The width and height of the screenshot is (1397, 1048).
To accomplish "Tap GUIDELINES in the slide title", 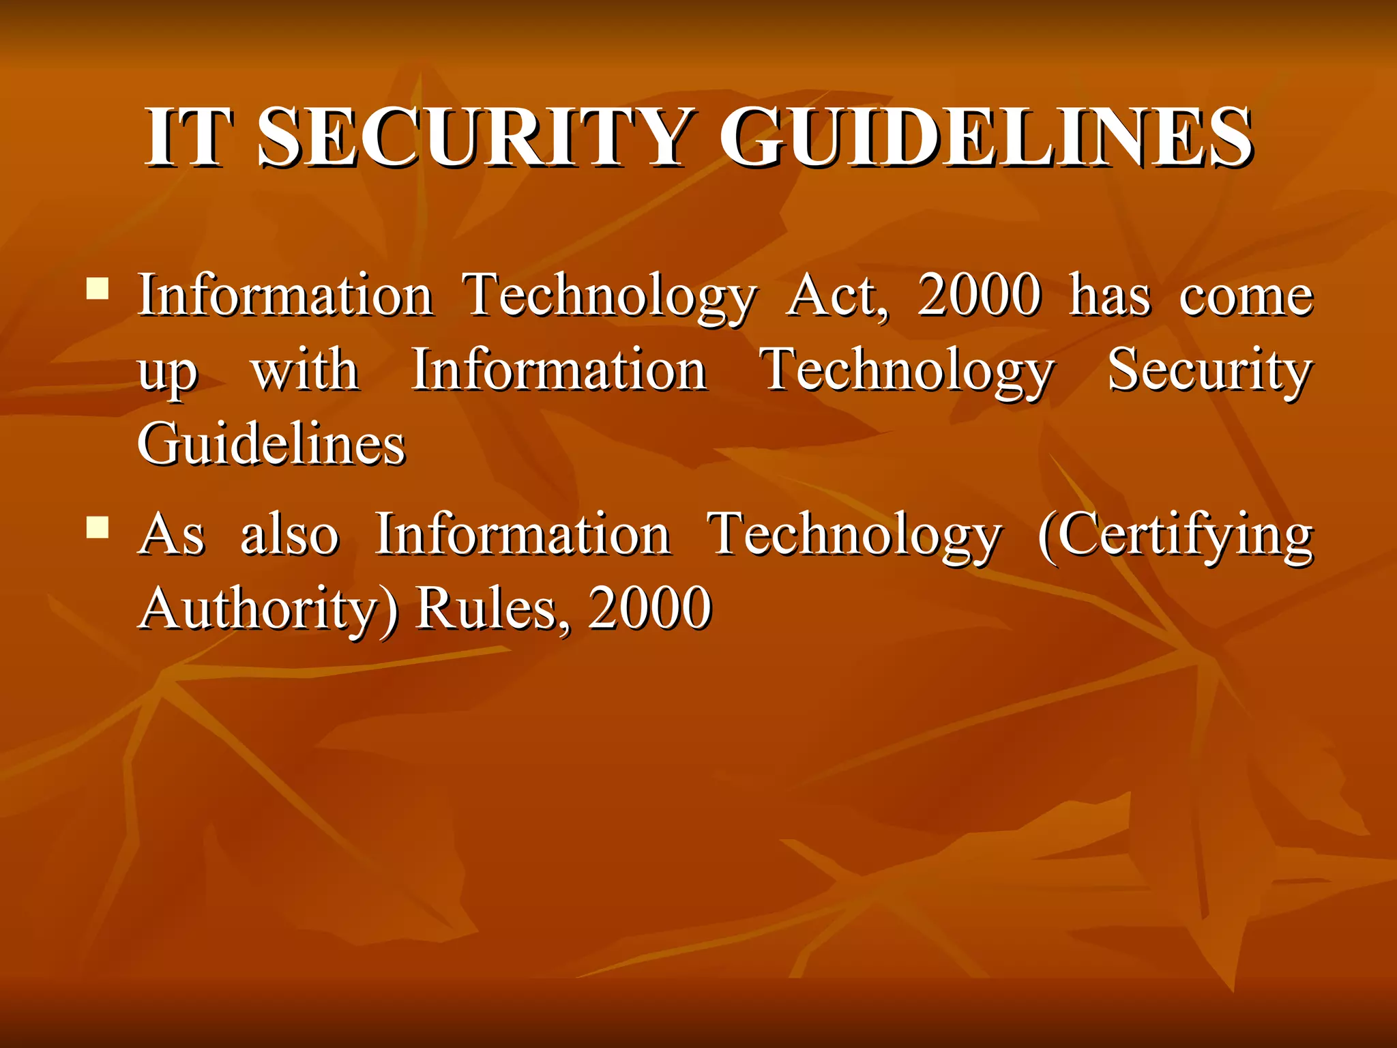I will tap(986, 138).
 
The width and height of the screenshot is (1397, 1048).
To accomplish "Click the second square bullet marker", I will tap(98, 527).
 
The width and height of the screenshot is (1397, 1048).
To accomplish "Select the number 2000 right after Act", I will tap(980, 296).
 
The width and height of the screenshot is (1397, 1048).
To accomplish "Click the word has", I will tap(1110, 296).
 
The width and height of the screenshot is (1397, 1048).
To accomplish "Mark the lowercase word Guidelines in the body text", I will tap(271, 445).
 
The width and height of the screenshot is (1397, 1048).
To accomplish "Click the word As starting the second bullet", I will tap(171, 535).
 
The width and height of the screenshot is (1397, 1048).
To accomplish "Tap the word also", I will tap(290, 535).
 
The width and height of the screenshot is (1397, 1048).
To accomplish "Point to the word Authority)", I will tap(268, 609).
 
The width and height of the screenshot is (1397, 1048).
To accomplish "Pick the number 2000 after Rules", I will tap(650, 609).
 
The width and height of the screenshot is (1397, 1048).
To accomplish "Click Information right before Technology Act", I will tap(285, 296).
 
